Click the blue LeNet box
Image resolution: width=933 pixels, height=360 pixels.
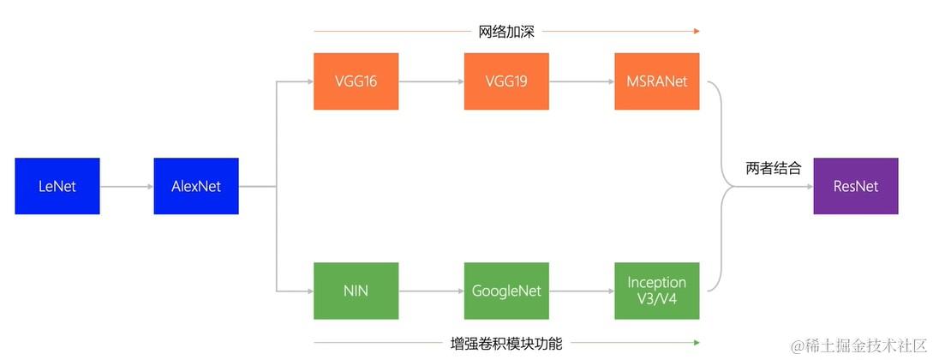click(x=57, y=186)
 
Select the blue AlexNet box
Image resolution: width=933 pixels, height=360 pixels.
click(x=196, y=186)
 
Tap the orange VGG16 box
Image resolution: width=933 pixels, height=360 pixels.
click(x=356, y=81)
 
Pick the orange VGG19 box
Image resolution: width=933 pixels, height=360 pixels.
click(x=506, y=81)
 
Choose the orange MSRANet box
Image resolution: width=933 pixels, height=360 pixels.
click(x=656, y=81)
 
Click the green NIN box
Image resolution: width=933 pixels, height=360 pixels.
click(x=356, y=291)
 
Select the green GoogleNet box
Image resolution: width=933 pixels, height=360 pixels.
click(x=506, y=291)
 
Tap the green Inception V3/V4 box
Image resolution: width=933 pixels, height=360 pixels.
click(x=656, y=291)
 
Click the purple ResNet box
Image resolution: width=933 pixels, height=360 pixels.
click(x=855, y=186)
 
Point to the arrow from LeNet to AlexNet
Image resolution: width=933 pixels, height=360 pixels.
click(x=127, y=186)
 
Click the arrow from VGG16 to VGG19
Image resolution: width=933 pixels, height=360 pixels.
click(x=431, y=81)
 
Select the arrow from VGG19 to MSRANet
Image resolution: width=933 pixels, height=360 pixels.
click(x=582, y=81)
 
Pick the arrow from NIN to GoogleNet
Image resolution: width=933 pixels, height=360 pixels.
click(x=431, y=291)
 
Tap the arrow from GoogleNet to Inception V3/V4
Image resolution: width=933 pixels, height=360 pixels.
click(x=582, y=291)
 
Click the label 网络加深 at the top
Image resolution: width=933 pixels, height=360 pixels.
click(x=506, y=32)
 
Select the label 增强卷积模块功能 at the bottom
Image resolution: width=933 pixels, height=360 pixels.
click(x=506, y=344)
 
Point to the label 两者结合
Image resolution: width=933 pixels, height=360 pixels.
click(x=774, y=169)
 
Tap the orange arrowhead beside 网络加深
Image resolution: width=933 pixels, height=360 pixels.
click(x=697, y=32)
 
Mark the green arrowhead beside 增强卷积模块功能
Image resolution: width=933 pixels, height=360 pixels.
click(x=697, y=344)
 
